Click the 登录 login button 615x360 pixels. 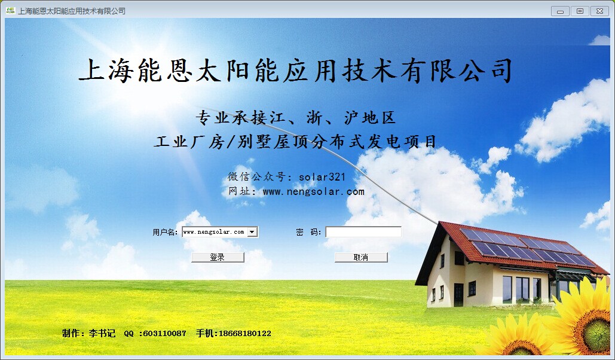point(218,257)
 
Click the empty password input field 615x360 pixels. point(363,232)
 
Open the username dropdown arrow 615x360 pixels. point(252,232)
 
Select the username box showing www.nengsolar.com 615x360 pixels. point(215,232)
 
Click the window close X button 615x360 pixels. point(599,11)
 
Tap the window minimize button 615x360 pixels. point(560,11)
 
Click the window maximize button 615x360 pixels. point(580,11)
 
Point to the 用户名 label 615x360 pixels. point(165,233)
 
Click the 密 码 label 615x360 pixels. point(308,233)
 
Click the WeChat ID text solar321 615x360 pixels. point(322,177)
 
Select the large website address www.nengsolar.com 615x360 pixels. point(313,191)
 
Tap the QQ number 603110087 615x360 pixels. point(165,333)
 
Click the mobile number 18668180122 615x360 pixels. point(245,333)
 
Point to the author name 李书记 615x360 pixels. point(102,333)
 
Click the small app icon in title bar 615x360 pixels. point(11,11)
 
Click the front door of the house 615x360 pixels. point(458,294)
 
